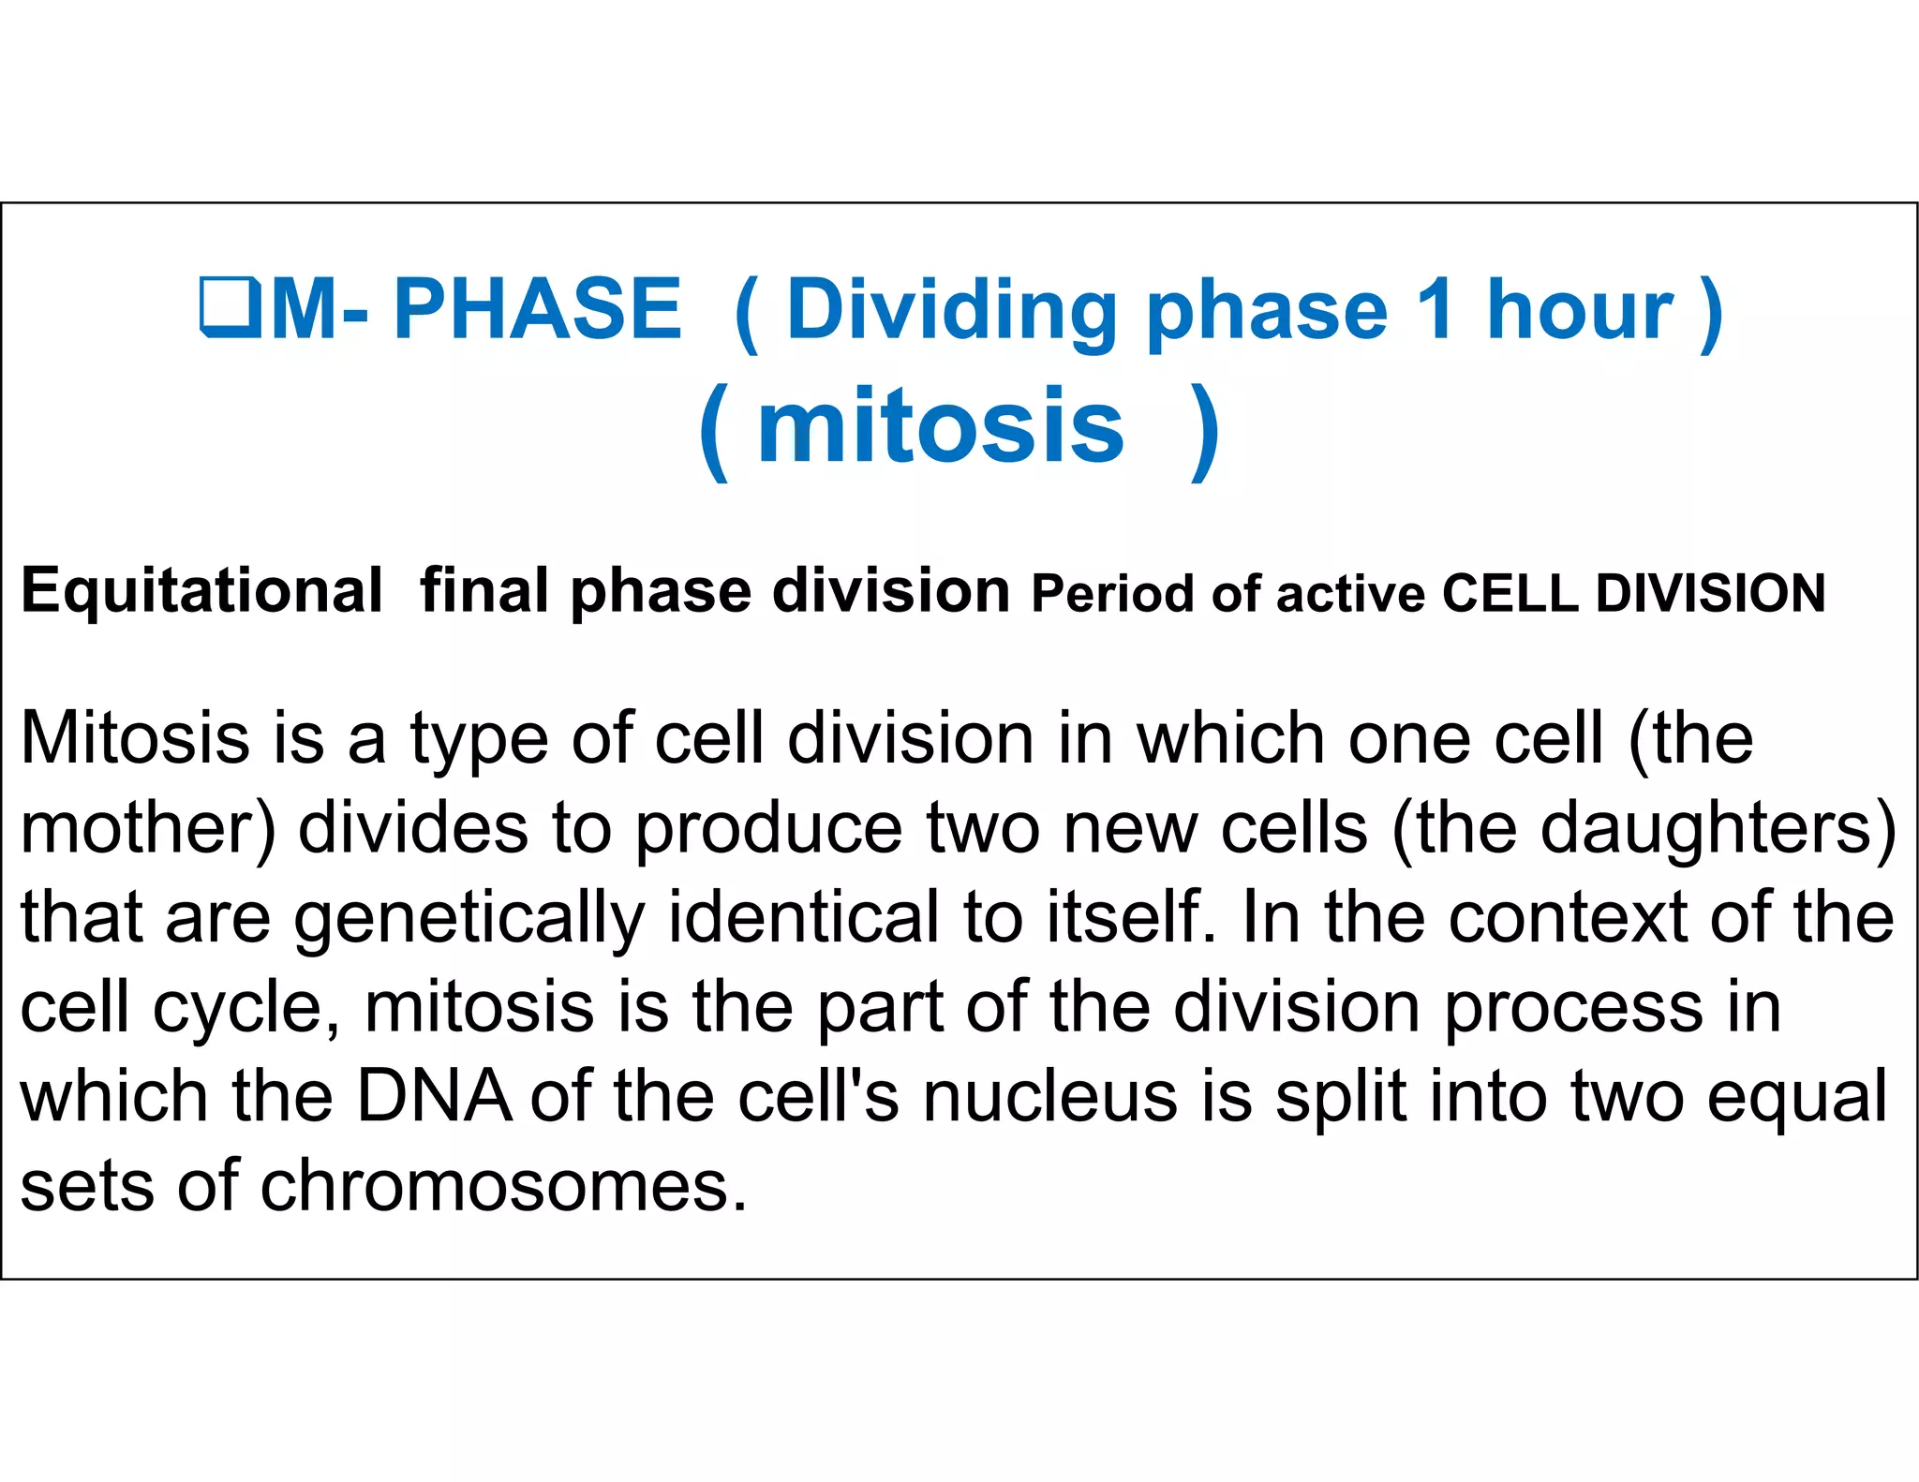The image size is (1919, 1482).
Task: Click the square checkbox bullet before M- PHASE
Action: click(230, 307)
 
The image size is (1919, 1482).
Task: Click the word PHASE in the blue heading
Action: click(537, 309)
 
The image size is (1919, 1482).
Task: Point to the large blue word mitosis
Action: click(940, 427)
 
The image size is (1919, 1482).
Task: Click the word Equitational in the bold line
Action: click(201, 593)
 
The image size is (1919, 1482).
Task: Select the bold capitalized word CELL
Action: click(1510, 594)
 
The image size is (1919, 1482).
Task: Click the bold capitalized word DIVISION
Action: click(1711, 594)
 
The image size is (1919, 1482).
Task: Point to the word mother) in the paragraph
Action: click(148, 829)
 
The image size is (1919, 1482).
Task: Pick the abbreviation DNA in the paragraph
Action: click(435, 1097)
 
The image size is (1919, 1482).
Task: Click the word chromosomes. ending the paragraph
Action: click(503, 1187)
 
